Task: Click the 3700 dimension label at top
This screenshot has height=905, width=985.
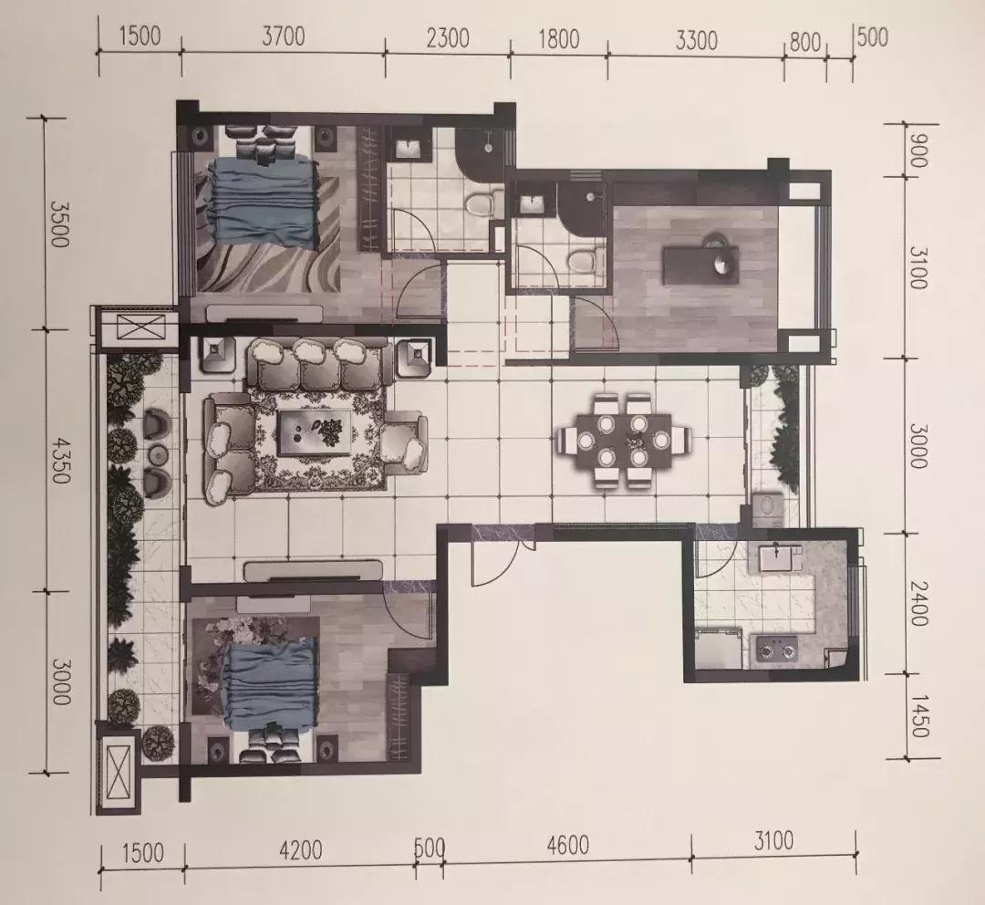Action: tap(284, 36)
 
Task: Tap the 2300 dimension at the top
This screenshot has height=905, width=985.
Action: tap(447, 37)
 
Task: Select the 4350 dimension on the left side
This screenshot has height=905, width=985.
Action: tap(57, 460)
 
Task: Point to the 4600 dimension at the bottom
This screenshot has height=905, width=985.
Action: tap(567, 846)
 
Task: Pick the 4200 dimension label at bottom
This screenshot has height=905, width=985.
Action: tap(300, 850)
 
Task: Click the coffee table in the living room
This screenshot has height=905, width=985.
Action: tap(316, 432)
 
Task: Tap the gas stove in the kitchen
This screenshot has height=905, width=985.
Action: tap(776, 650)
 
